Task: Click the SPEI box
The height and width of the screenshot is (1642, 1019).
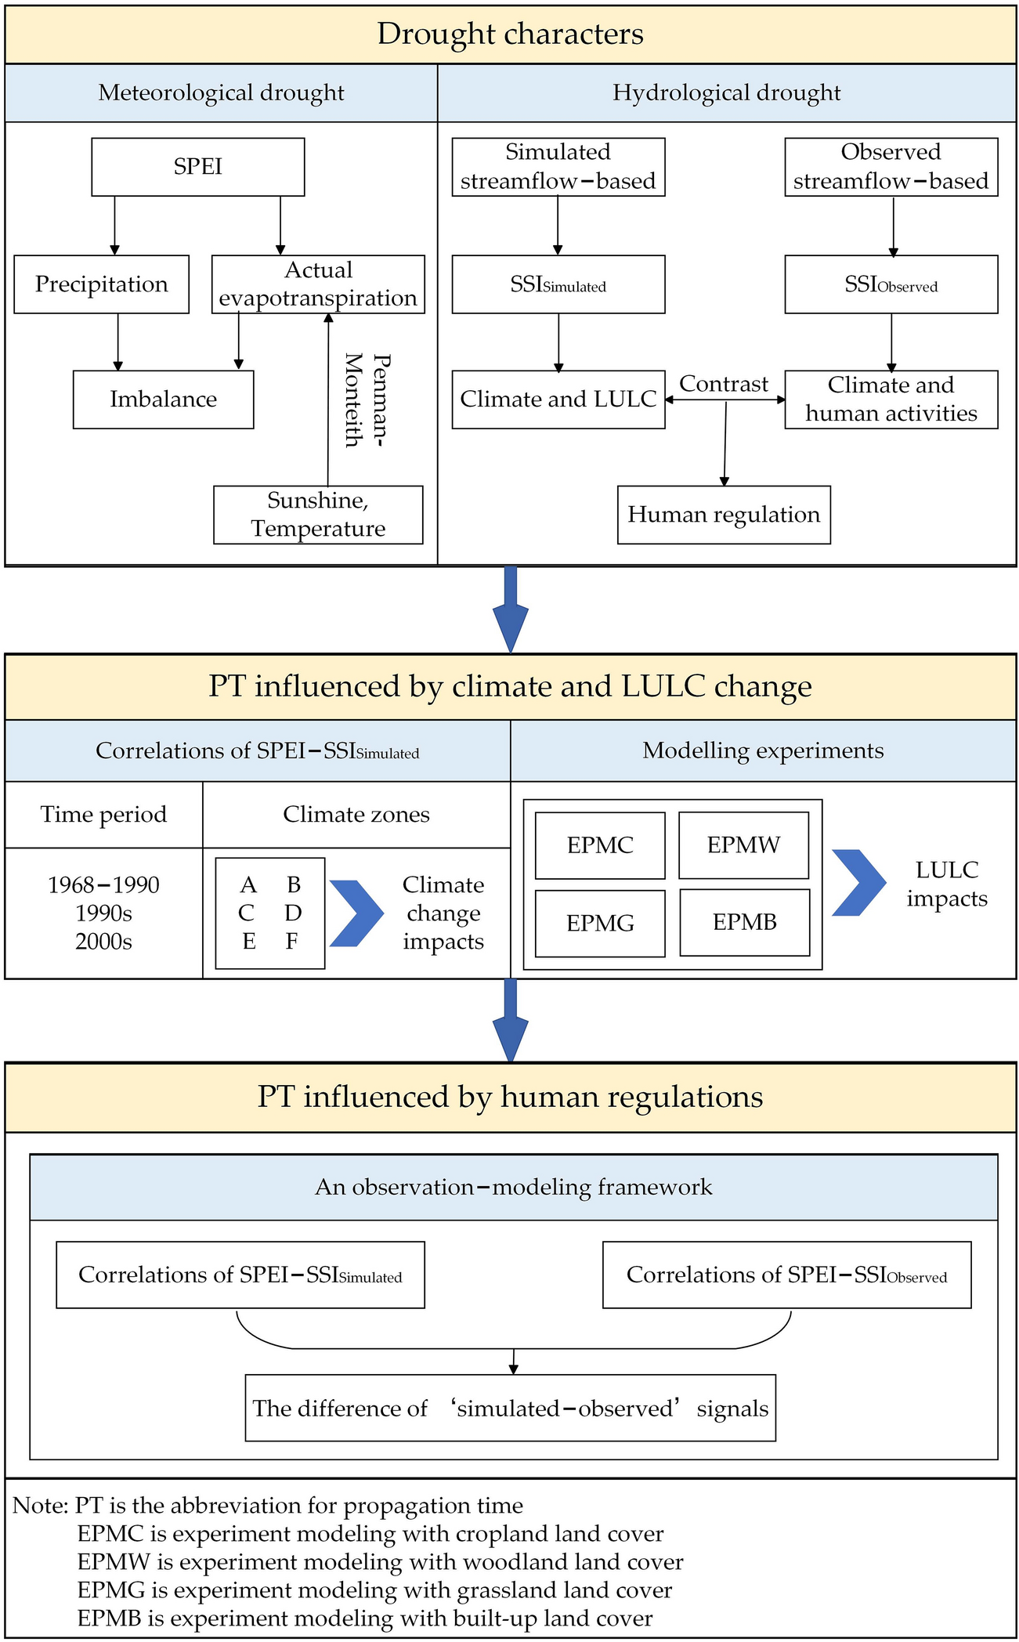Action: click(197, 167)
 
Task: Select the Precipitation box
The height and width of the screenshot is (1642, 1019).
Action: click(101, 284)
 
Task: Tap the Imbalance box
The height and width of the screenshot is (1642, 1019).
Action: click(163, 400)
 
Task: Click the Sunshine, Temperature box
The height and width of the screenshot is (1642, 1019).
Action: click(318, 515)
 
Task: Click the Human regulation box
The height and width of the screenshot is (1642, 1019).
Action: click(723, 515)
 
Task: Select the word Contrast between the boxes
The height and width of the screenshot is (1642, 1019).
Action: click(723, 384)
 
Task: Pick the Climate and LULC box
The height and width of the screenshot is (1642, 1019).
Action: click(558, 400)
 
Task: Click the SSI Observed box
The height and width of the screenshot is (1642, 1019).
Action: click(891, 284)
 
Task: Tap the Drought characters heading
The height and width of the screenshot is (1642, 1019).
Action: click(510, 34)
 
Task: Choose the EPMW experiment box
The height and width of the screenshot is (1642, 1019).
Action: click(743, 845)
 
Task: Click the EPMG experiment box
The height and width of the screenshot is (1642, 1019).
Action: click(600, 923)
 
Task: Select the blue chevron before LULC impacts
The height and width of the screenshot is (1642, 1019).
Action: click(858, 883)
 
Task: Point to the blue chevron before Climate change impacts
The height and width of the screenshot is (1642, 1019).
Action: click(356, 913)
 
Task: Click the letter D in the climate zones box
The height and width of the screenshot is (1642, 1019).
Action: click(293, 913)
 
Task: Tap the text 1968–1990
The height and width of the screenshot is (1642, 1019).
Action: click(103, 885)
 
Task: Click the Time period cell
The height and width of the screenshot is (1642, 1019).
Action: click(103, 815)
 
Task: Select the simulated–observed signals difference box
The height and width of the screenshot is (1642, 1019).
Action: click(510, 1408)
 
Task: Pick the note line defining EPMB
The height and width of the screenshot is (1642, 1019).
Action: click(364, 1618)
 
